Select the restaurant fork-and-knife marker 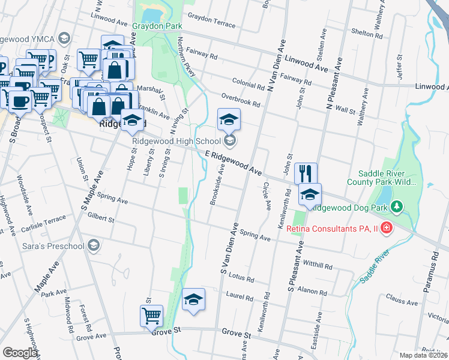(x=306, y=173)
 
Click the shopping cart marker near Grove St (x=151, y=316)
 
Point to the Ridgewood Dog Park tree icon (x=396, y=208)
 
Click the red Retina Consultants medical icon (x=386, y=229)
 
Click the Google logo (x=20, y=353)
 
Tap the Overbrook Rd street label (x=240, y=100)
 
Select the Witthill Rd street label (x=318, y=265)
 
